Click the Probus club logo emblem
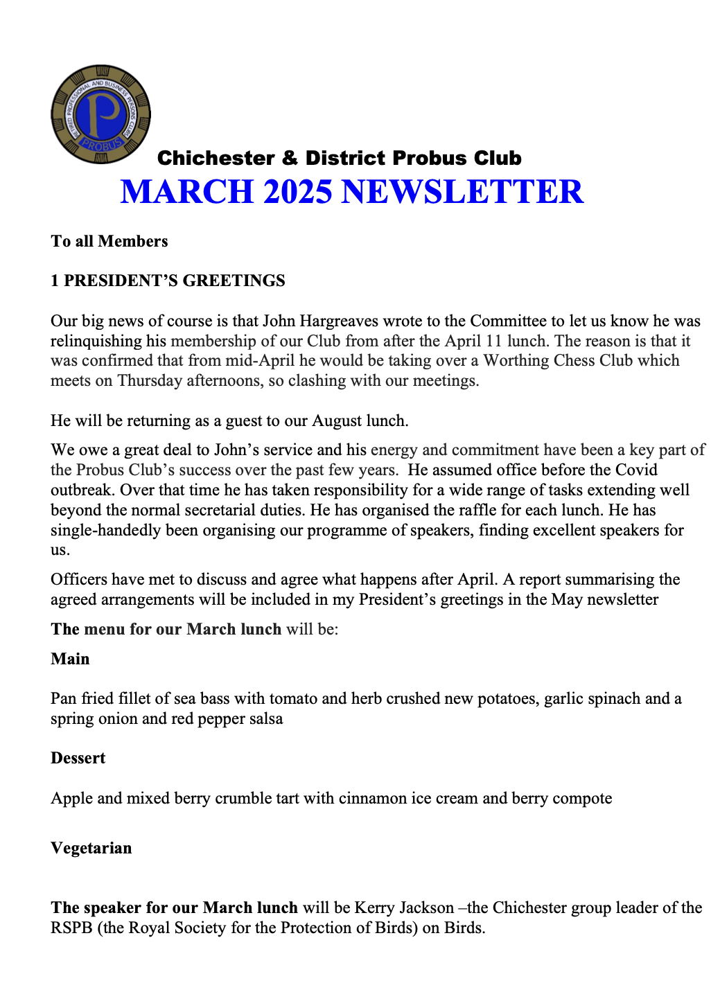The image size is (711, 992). pyautogui.click(x=101, y=114)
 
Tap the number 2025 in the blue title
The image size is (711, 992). pyautogui.click(x=297, y=192)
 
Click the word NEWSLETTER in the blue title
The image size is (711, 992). pyautogui.click(x=462, y=192)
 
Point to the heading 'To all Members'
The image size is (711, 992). pyautogui.click(x=109, y=241)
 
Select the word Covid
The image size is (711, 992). pyautogui.click(x=635, y=470)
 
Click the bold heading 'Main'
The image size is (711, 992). pyautogui.click(x=70, y=659)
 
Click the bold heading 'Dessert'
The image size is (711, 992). pyautogui.click(x=78, y=758)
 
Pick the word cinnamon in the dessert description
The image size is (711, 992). pyautogui.click(x=372, y=798)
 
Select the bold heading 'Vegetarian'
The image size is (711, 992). pyautogui.click(x=91, y=848)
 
